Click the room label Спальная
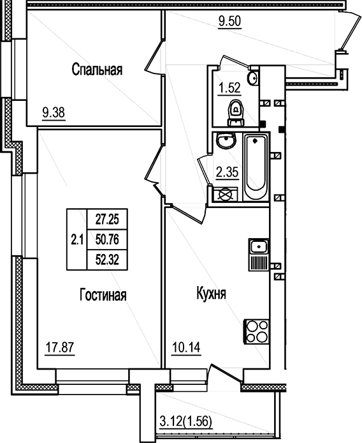[x=97, y=69]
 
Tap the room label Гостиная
[x=103, y=295]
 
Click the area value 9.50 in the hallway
[x=230, y=21]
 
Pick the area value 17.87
[x=58, y=349]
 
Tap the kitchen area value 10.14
[x=185, y=349]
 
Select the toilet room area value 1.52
[x=230, y=88]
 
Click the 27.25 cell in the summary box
[x=108, y=219]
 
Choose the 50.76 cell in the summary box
[x=108, y=239]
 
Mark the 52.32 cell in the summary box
[x=108, y=260]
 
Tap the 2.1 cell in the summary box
[x=77, y=240]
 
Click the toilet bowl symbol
[x=236, y=113]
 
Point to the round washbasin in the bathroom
[x=224, y=141]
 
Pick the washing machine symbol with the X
[x=226, y=195]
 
